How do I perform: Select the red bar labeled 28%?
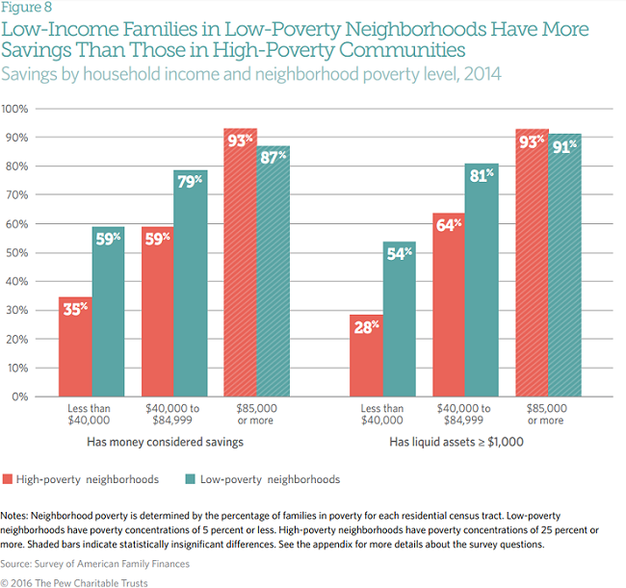pos(366,356)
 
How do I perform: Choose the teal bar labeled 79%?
pos(191,284)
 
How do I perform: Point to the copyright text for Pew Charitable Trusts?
pos(82,581)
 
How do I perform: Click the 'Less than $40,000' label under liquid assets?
pos(382,414)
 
